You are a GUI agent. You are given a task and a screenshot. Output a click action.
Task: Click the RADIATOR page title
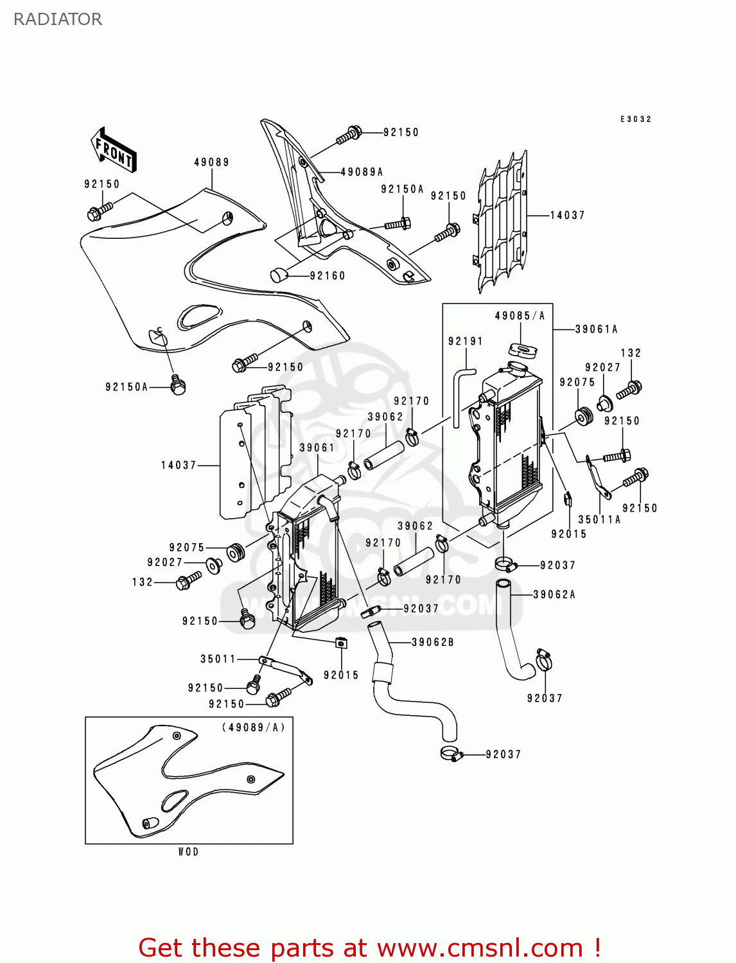(58, 19)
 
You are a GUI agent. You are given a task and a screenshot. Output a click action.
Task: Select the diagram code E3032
(635, 119)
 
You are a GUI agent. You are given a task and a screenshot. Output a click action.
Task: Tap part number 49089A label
(362, 172)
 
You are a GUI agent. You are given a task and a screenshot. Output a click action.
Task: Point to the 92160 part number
(328, 276)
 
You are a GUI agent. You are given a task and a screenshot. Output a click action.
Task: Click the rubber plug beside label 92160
(277, 275)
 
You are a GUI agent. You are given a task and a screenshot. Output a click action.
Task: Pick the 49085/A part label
(520, 316)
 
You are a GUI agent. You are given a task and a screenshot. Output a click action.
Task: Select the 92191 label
(466, 342)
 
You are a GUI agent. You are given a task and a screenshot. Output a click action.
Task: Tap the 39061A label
(596, 329)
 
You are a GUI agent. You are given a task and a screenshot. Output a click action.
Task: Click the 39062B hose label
(432, 642)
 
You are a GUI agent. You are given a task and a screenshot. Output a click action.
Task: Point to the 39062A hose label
(554, 594)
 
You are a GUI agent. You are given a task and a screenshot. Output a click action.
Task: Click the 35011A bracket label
(599, 520)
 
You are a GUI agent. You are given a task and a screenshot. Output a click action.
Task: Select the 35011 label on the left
(218, 659)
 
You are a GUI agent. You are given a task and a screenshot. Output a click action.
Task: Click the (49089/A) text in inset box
(253, 727)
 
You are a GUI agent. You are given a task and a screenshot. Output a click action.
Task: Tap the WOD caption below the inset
(188, 852)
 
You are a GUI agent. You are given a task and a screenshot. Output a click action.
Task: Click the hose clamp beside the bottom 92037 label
(451, 754)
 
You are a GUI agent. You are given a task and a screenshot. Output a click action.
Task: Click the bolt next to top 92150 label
(349, 135)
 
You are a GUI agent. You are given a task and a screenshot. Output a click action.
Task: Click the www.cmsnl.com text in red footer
(480, 948)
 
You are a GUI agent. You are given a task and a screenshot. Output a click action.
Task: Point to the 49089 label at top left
(212, 162)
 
